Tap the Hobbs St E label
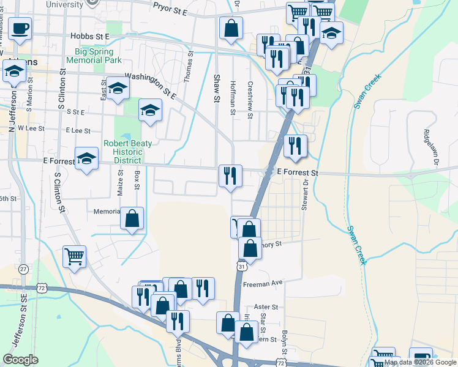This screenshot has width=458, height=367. pos(89,37)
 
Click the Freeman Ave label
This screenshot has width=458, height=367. pos(263,283)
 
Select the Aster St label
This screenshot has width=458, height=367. pos(266,306)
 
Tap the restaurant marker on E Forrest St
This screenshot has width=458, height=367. pos(231,176)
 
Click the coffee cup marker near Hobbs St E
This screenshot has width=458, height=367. pos(20,28)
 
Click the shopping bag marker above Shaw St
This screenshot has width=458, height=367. pos(231,28)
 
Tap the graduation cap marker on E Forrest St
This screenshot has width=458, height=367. pos(86,158)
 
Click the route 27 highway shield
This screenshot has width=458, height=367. pos(23,269)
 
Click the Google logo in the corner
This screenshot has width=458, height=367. pos(21,359)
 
